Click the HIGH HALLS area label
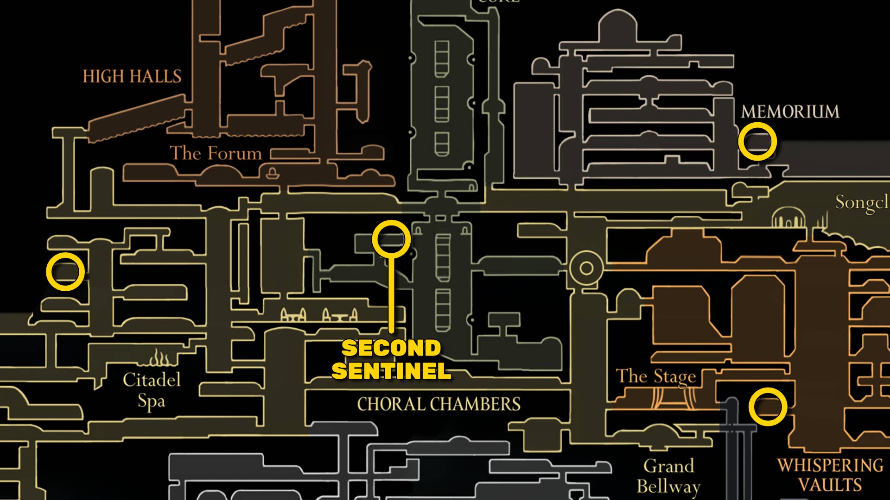132,76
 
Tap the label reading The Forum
216,153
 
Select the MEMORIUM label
790,112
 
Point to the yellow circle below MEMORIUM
757,142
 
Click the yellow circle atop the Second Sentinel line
391,239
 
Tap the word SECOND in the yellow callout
391,348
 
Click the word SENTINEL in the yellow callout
391,371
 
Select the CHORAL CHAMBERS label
439,404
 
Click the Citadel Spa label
152,390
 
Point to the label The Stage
656,376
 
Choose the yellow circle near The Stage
768,407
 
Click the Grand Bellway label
668,476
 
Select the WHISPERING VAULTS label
830,475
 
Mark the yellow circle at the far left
65,272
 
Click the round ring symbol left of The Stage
586,268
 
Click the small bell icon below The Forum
272,173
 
